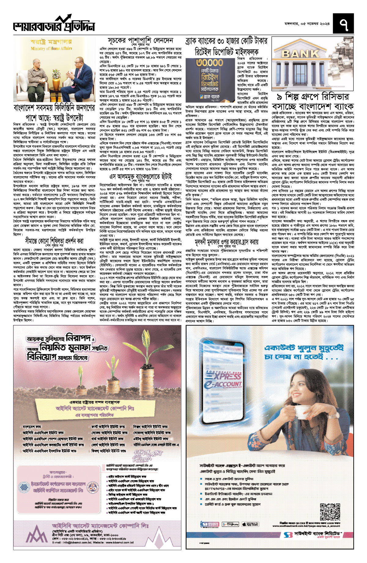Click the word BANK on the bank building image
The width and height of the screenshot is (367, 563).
(x=301, y=54)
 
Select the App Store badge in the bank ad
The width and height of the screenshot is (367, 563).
(x=250, y=524)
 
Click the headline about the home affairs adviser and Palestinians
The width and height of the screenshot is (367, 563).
(x=54, y=113)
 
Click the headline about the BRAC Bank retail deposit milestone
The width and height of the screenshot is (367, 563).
(x=226, y=46)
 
